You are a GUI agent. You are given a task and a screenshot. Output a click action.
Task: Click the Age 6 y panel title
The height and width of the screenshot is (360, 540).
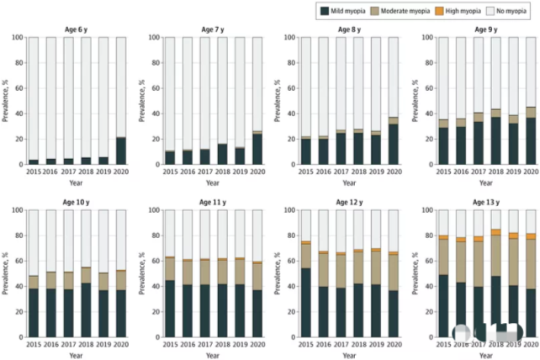click(x=77, y=30)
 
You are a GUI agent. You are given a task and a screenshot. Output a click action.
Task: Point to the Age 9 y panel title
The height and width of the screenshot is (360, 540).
click(x=483, y=30)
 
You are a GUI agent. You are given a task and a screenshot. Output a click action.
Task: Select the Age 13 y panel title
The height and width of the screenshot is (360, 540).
click(x=483, y=203)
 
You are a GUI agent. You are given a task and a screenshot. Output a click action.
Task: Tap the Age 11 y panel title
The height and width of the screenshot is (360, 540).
click(x=212, y=203)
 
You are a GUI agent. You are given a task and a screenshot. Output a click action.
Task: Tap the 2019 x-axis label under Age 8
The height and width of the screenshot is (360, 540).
click(x=376, y=171)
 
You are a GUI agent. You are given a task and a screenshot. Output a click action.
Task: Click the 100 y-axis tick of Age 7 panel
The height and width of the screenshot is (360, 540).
click(x=151, y=38)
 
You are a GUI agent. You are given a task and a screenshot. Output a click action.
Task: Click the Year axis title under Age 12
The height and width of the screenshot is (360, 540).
click(x=347, y=354)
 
